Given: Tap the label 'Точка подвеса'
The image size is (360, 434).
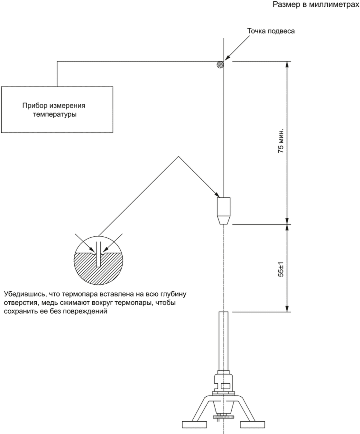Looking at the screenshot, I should pyautogui.click(x=271, y=31).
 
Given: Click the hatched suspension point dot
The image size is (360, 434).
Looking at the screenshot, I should pyautogui.click(x=220, y=64).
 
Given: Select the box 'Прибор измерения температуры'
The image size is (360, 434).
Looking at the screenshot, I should pyautogui.click(x=57, y=109).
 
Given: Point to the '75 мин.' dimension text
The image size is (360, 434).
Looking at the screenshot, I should pyautogui.click(x=281, y=141).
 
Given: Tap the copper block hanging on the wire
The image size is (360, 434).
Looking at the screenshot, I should pyautogui.click(x=224, y=211).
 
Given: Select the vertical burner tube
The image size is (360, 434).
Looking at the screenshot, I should pyautogui.click(x=223, y=341).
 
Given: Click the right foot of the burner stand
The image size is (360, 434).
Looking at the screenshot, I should pyautogui.click(x=253, y=424).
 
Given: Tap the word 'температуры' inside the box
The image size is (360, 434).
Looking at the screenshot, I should pyautogui.click(x=55, y=114).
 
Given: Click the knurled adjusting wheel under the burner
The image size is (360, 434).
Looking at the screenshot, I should pyautogui.click(x=223, y=418).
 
